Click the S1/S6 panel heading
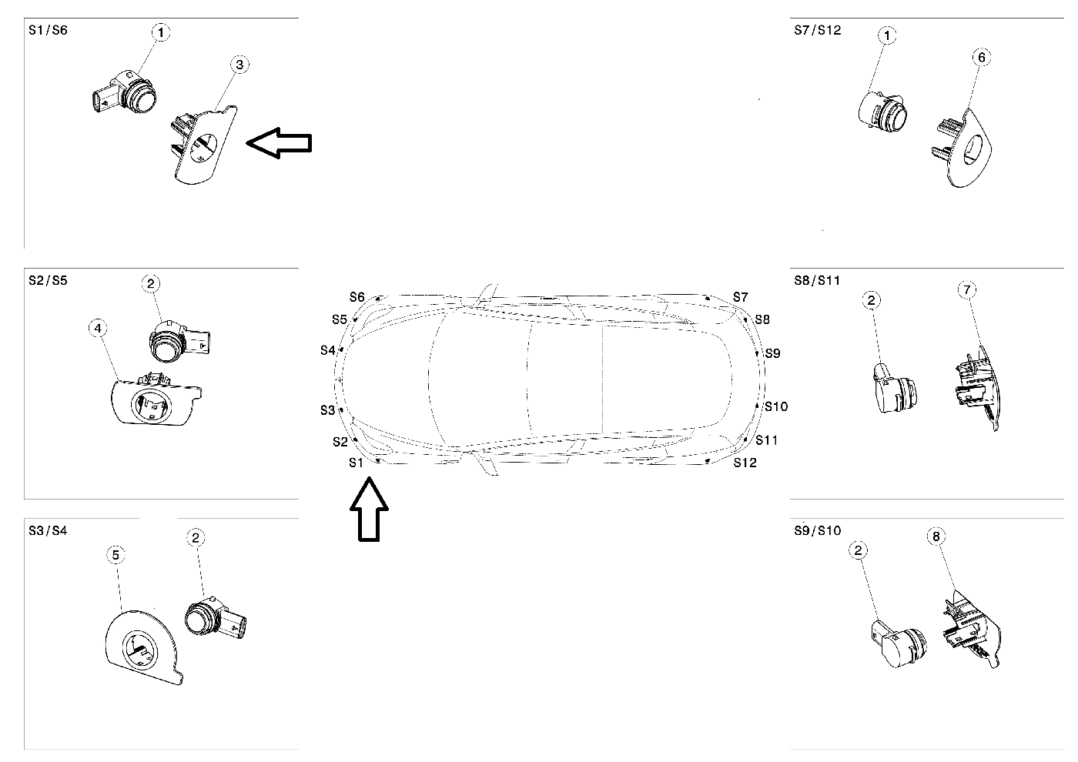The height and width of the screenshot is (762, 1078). pos(48,30)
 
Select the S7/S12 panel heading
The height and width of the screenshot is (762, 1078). pos(817,30)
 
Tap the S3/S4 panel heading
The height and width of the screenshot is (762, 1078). pos(48,530)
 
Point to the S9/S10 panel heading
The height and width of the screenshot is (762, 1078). pos(817,530)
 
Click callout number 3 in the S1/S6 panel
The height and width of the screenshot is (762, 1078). pos(239,65)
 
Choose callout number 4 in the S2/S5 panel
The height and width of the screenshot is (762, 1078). pos(97,329)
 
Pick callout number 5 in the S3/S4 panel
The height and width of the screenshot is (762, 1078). pos(115,555)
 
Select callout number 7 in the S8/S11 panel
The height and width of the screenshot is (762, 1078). pos(967,290)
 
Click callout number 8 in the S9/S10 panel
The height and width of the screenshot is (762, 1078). pos(936,536)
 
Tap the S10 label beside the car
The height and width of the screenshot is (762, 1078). pos(776,406)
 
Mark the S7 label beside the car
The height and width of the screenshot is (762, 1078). pos(740,297)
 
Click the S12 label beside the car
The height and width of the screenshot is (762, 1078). pos(745,463)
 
